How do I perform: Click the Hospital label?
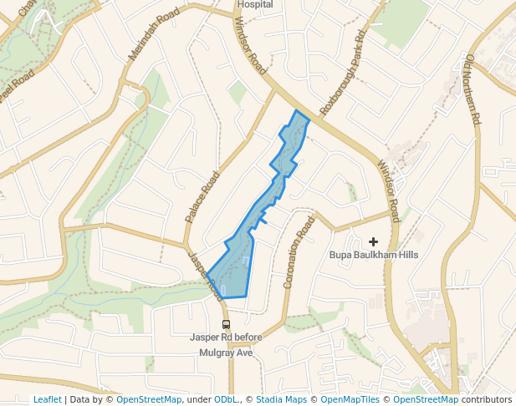(255, 4)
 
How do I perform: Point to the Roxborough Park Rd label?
(343, 75)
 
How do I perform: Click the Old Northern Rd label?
(472, 89)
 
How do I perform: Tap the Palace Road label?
(202, 196)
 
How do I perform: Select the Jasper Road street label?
(206, 275)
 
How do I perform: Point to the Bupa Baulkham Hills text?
(374, 255)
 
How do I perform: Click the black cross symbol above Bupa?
(373, 241)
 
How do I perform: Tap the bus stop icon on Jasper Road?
(225, 324)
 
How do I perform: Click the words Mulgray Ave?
(225, 352)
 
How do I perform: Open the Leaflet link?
(47, 399)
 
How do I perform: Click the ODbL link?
(225, 399)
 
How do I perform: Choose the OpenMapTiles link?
(345, 399)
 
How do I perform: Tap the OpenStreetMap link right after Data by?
(149, 399)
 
